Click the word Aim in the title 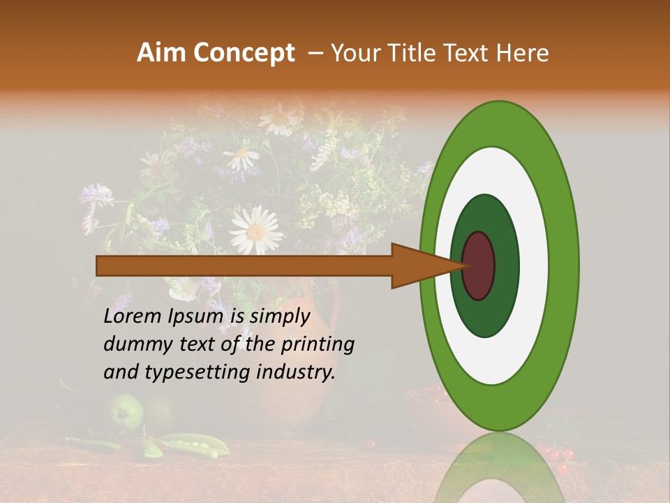(x=162, y=53)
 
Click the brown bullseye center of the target (x=478, y=265)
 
